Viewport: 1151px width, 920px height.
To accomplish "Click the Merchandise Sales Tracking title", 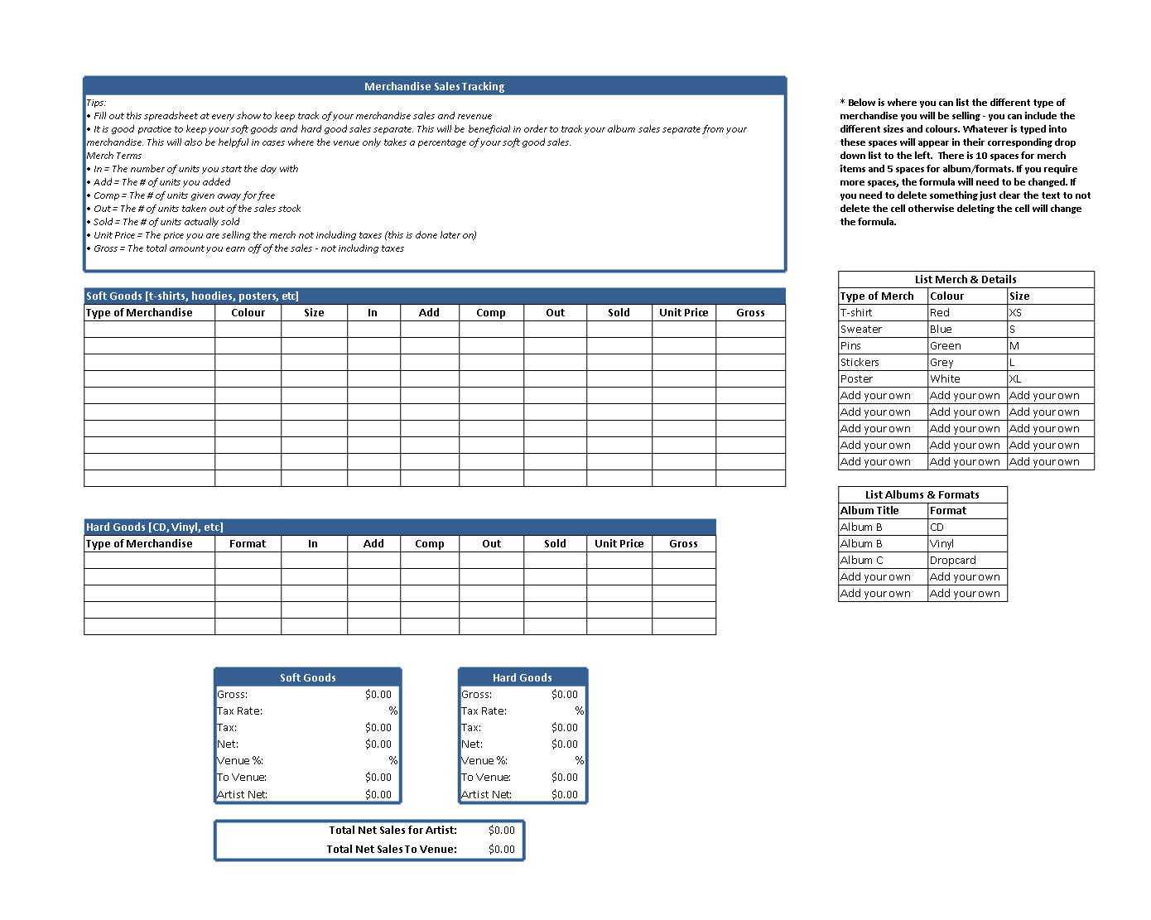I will [434, 86].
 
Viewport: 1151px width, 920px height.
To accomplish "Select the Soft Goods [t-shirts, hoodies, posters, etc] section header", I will [192, 296].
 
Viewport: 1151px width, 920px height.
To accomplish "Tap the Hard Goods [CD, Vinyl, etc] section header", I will [155, 527].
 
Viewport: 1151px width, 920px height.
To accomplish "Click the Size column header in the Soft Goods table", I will [314, 312].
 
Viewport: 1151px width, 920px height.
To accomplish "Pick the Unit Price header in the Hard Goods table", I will [619, 543].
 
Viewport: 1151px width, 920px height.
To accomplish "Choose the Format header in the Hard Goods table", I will [248, 543].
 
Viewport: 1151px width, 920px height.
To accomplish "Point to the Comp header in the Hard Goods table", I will [430, 543].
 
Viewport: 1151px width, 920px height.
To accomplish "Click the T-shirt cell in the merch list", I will [856, 312].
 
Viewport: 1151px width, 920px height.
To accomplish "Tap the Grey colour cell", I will [942, 362].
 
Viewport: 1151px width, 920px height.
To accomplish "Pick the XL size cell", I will [1015, 378].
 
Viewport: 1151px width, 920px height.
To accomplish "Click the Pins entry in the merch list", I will [850, 345].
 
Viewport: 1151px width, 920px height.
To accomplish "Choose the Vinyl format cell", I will [942, 543].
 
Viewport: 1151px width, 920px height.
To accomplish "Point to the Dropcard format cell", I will [952, 560].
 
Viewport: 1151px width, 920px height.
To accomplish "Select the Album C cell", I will [861, 560].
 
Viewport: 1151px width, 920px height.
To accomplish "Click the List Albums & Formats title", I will [922, 494].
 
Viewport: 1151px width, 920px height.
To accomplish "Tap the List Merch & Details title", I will [966, 279].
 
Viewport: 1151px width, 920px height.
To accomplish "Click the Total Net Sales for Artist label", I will [392, 830].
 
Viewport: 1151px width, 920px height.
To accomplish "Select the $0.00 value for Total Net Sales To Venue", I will [501, 849].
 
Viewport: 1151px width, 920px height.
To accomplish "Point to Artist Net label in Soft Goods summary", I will [242, 794].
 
